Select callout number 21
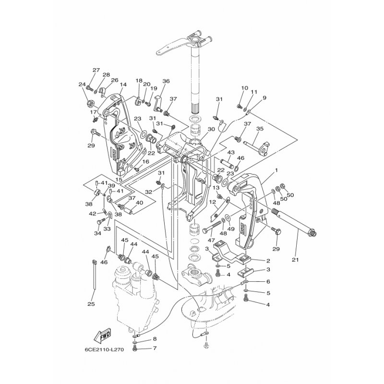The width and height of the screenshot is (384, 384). [x=295, y=260]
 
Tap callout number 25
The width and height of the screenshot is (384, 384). [x=91, y=304]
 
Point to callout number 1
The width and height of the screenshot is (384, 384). [x=276, y=170]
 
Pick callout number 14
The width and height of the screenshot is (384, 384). [x=123, y=84]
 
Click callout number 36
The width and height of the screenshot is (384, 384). [x=166, y=81]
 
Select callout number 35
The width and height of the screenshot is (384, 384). [x=260, y=129]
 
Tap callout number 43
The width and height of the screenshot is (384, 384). [x=231, y=152]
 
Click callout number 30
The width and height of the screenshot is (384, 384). [x=211, y=129]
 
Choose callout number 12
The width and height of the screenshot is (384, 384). [x=212, y=202]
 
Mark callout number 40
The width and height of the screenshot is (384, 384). [x=139, y=203]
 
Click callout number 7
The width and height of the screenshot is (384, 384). [x=155, y=348]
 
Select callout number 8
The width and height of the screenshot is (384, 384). [x=155, y=339]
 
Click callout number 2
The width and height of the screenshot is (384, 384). [x=268, y=261]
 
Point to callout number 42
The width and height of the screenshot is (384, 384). [x=92, y=214]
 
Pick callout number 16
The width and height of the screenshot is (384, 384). [x=145, y=162]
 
